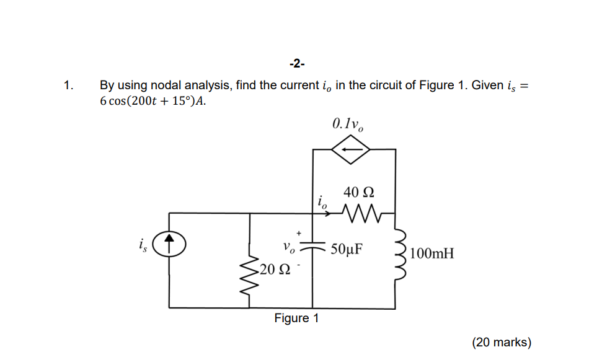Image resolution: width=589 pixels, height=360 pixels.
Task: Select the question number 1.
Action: (x=69, y=86)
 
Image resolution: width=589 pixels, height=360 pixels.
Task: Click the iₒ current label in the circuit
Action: (x=321, y=201)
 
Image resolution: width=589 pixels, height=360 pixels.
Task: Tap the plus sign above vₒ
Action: (x=298, y=232)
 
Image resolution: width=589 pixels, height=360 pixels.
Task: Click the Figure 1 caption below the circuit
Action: (x=296, y=318)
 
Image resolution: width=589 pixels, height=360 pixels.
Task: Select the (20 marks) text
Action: (x=502, y=342)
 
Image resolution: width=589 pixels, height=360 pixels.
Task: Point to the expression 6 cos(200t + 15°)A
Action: (x=153, y=101)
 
